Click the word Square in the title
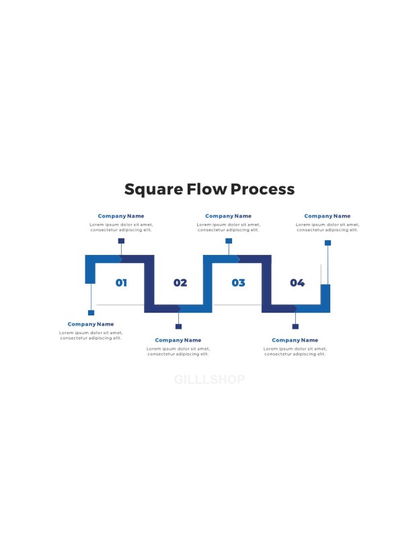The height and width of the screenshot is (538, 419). (154, 190)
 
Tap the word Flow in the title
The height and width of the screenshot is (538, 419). (206, 189)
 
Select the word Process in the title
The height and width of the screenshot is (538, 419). (262, 189)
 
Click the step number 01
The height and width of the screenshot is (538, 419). (121, 282)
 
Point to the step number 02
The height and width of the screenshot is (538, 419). (180, 282)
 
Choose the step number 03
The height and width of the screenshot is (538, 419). (239, 282)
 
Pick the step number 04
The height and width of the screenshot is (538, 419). (297, 282)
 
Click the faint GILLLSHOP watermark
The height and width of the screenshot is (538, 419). (209, 379)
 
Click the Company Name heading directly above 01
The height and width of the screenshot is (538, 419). (121, 216)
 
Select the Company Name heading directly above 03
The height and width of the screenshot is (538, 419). (228, 216)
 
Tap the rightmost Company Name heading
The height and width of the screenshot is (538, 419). (328, 216)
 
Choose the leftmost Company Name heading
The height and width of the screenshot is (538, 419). (91, 324)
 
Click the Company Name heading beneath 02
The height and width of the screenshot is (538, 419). (178, 340)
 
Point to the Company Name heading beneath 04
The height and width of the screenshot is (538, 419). (295, 340)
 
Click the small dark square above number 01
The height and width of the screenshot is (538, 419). (121, 241)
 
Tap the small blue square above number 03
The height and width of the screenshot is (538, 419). (229, 241)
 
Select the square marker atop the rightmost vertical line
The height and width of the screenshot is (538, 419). (328, 243)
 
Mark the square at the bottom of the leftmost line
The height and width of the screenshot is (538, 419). (91, 313)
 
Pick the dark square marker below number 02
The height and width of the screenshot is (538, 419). (178, 326)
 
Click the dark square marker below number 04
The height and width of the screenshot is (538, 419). (295, 326)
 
